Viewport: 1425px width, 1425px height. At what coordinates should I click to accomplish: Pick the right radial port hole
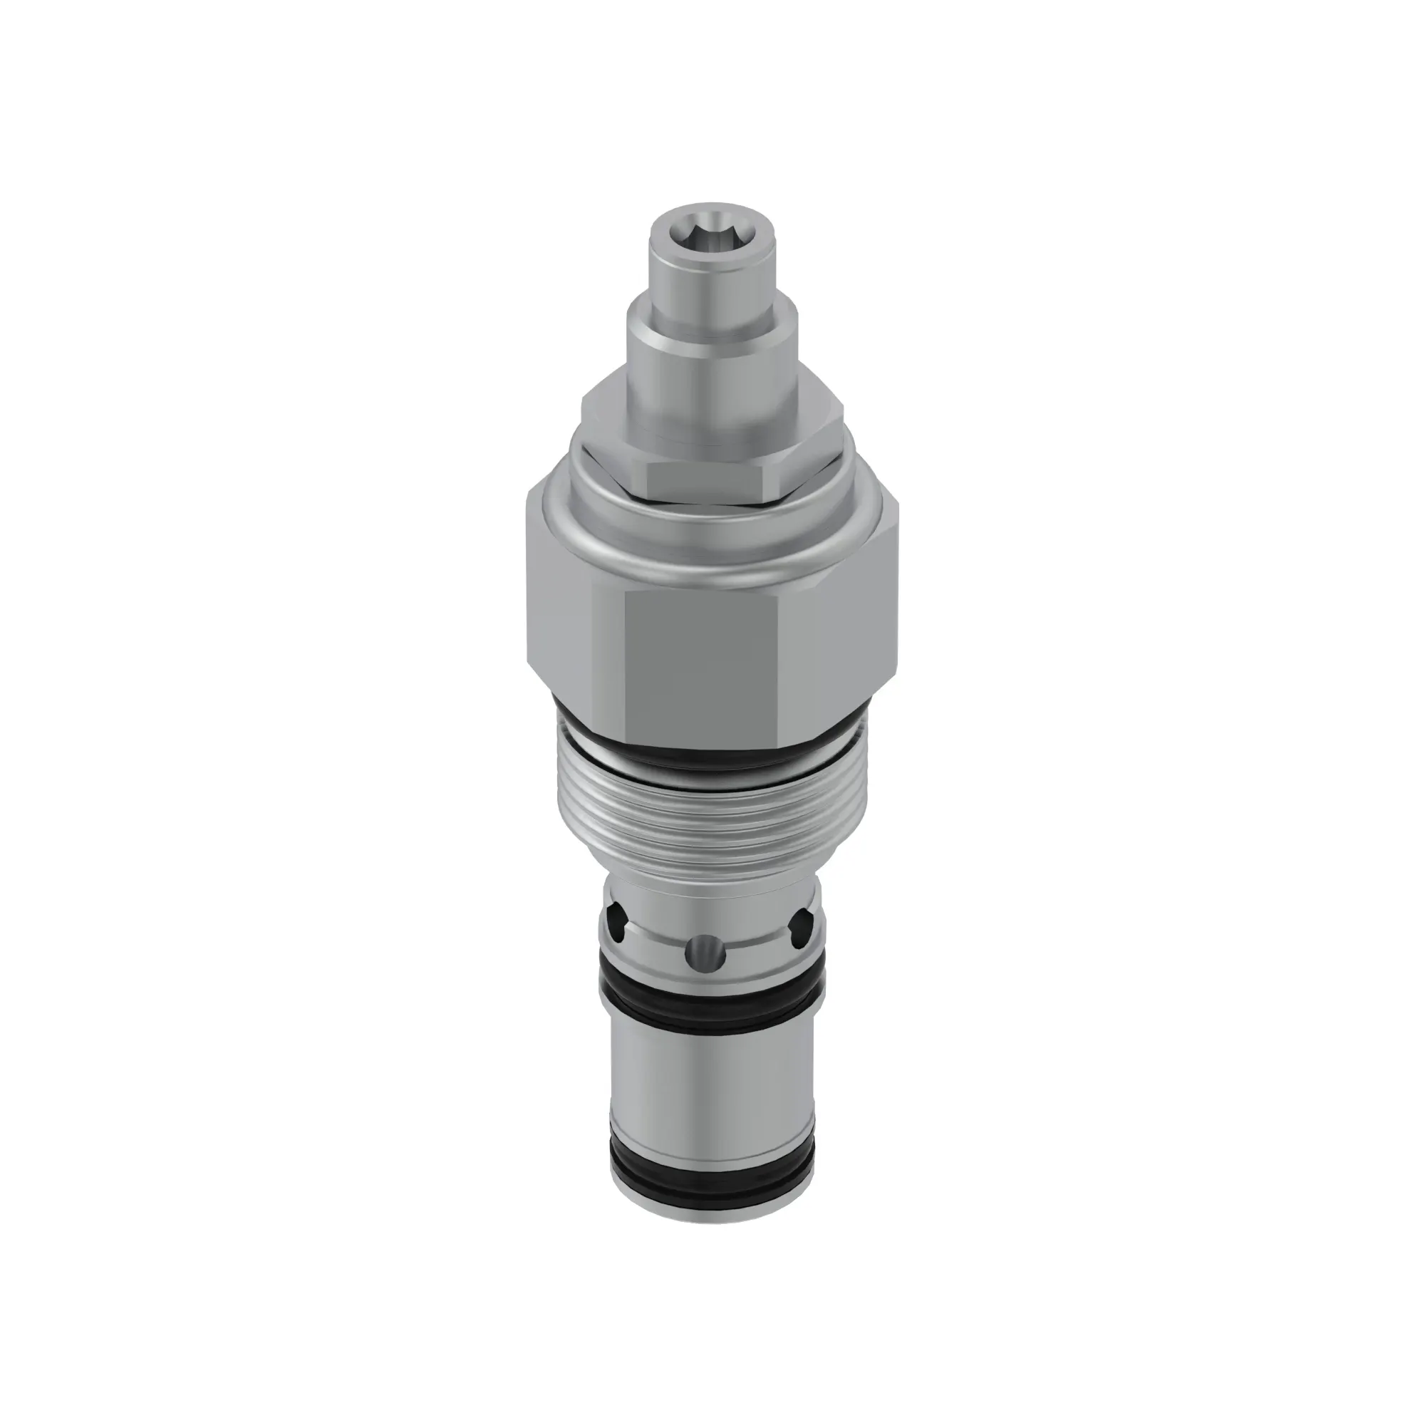point(801,922)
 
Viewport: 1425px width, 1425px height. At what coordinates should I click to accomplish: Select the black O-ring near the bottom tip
point(712,1189)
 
